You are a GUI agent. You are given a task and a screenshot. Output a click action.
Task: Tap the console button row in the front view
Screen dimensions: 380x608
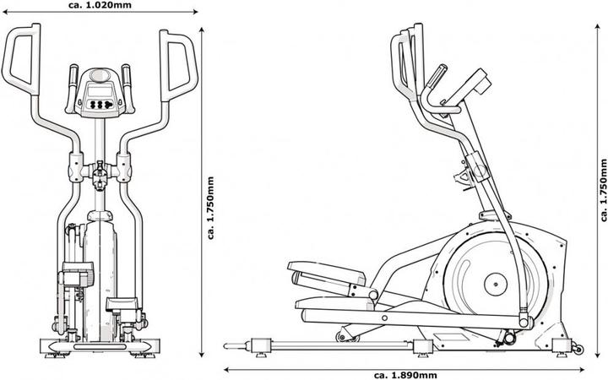[x=101, y=106]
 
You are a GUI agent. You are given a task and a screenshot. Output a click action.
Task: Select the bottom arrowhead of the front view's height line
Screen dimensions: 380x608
[x=202, y=354]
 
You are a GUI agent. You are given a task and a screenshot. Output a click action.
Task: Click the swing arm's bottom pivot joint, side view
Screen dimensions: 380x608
[x=524, y=322]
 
